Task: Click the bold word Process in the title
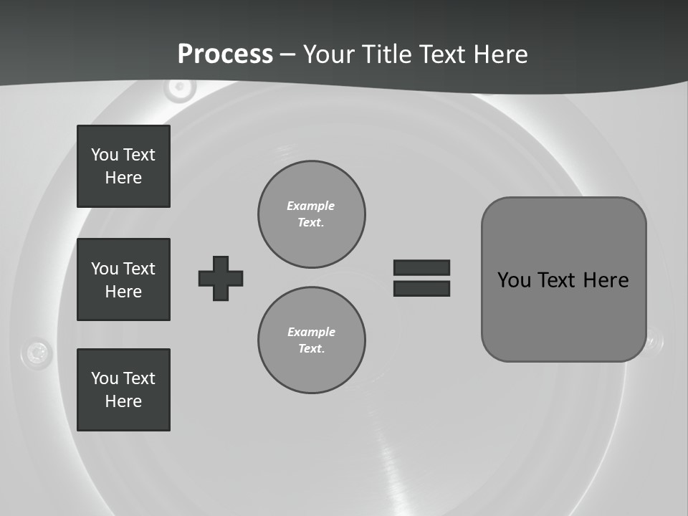coord(225,54)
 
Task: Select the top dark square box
coord(123,166)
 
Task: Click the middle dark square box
coord(123,279)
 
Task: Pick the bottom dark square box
coord(123,390)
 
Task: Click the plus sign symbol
coord(221,278)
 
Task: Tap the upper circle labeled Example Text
coord(311,214)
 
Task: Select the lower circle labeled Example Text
coord(311,340)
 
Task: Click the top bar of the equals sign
coord(421,267)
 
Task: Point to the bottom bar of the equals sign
coord(421,288)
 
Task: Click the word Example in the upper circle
coord(311,206)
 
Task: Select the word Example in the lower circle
coord(311,332)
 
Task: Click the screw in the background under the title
coord(179,88)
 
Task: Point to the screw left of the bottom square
coord(37,352)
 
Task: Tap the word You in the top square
coord(104,155)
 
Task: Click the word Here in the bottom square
coord(123,401)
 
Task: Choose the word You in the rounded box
coord(514,280)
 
